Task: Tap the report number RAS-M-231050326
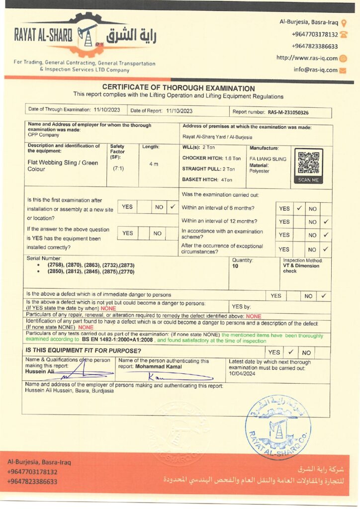pos(288,112)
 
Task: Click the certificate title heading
pos(178,88)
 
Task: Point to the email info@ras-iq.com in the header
pos(315,70)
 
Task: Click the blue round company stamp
pos(277,426)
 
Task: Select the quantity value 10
pos(235,266)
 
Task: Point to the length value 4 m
pos(154,164)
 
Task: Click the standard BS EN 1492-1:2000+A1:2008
pos(116,340)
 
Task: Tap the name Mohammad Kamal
pos(160,367)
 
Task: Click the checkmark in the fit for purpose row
pos(290,352)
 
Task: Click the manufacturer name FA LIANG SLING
pos(268,159)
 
